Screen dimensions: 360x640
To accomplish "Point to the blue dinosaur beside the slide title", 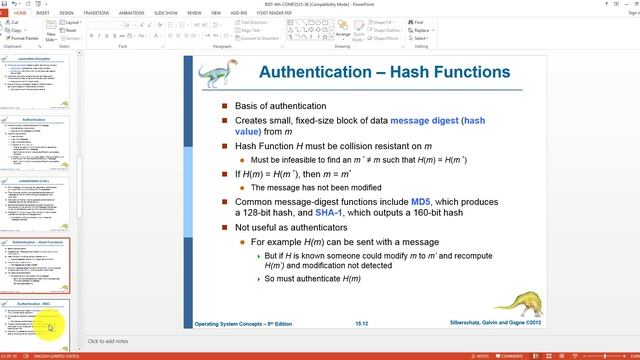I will point(215,75).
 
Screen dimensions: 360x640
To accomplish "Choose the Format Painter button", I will point(25,37).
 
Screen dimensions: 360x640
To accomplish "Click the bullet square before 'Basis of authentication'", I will point(225,106).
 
